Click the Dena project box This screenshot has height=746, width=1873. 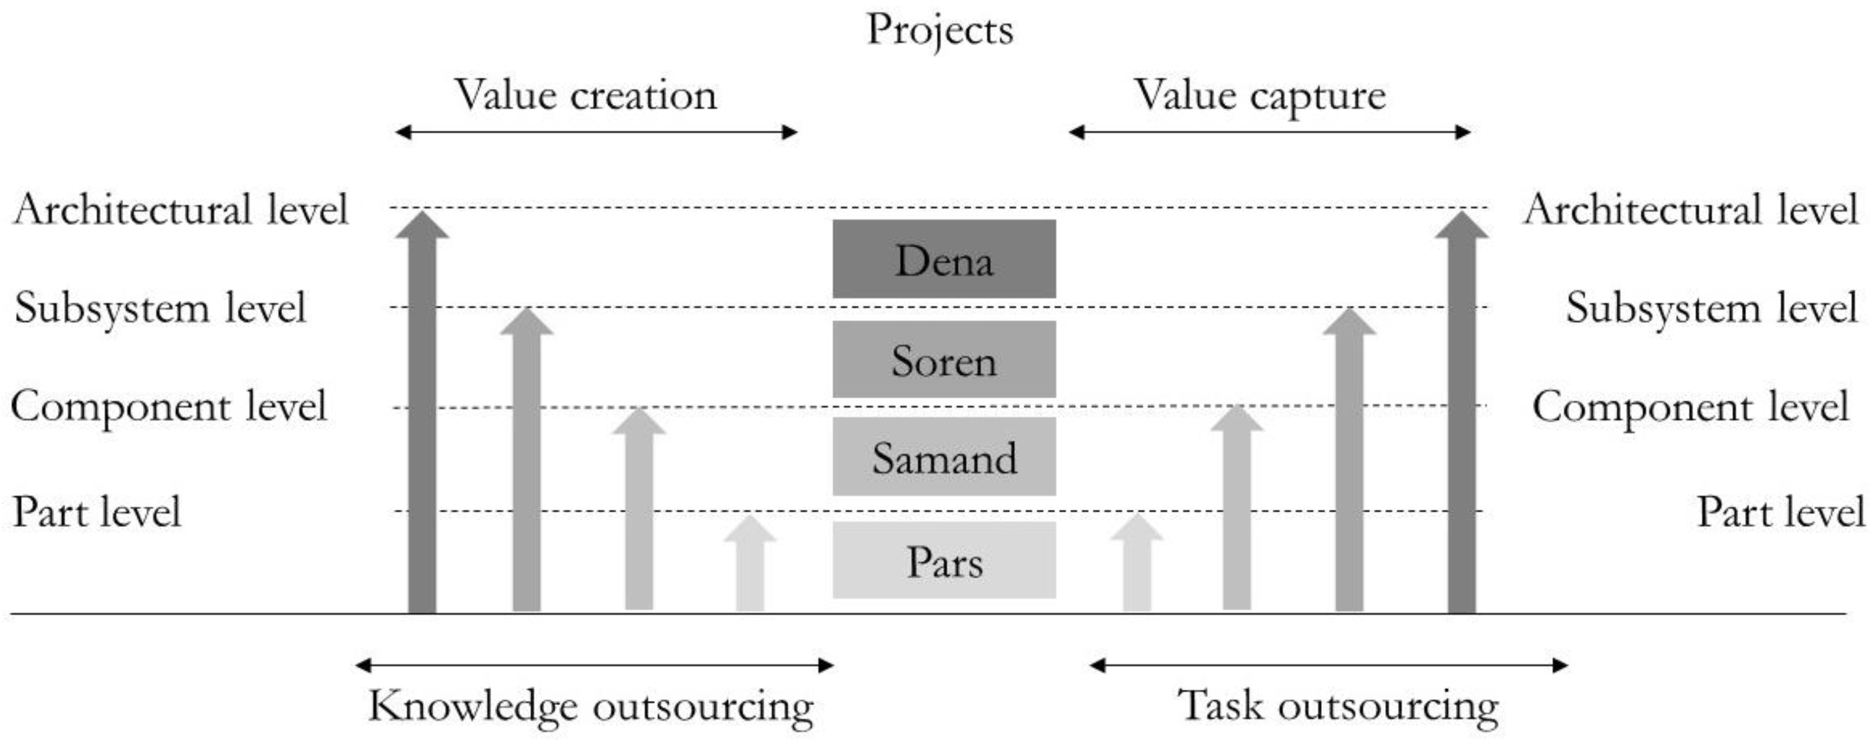point(944,260)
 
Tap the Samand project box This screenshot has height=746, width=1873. point(944,457)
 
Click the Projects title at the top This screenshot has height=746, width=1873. point(939,31)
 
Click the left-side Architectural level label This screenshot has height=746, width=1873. point(181,209)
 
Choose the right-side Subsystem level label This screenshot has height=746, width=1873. point(1712,307)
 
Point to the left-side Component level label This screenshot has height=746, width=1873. point(169,406)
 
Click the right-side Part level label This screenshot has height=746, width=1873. point(1780,512)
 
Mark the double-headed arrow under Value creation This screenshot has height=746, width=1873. point(596,132)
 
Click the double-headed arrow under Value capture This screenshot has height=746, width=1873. point(1269,132)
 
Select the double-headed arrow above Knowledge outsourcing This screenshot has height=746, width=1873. point(594,665)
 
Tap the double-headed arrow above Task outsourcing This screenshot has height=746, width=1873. point(1328,665)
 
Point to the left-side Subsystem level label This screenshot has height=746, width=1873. point(160,307)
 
